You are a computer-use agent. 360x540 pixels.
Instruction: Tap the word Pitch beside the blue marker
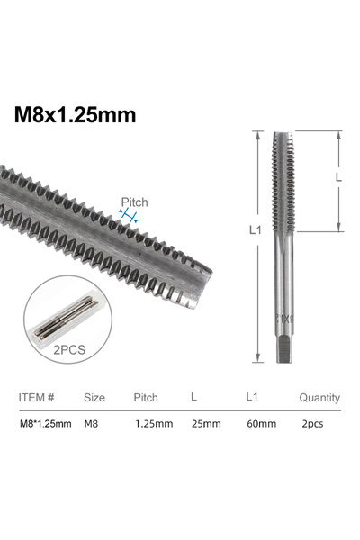click(x=134, y=202)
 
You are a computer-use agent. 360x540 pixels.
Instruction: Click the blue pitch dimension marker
click(x=131, y=216)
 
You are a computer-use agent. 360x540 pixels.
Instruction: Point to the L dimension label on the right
click(x=338, y=178)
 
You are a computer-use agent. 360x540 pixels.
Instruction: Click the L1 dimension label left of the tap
click(x=254, y=230)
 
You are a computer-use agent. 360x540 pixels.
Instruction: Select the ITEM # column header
click(x=37, y=397)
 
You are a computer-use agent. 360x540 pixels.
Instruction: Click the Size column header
click(x=94, y=397)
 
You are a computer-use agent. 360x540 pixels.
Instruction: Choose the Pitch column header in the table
click(x=146, y=397)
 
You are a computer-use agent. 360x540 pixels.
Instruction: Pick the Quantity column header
click(x=319, y=397)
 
